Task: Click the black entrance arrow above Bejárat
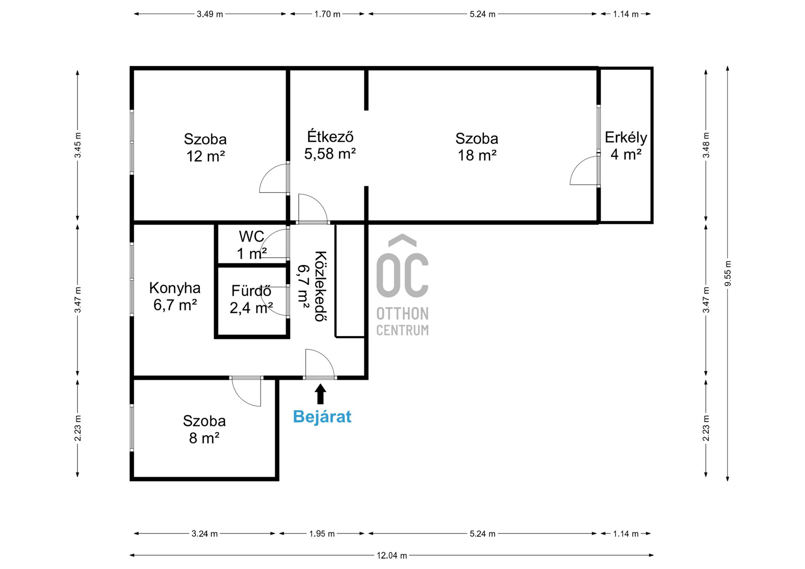pyautogui.click(x=320, y=394)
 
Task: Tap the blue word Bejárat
pyautogui.click(x=322, y=416)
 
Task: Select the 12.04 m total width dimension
pyautogui.click(x=392, y=556)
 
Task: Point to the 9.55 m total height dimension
pyautogui.click(x=728, y=274)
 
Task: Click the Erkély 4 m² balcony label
pyautogui.click(x=626, y=146)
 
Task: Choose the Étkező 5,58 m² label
pyautogui.click(x=330, y=145)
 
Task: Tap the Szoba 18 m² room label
pyautogui.click(x=477, y=147)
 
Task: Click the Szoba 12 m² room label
pyautogui.click(x=205, y=147)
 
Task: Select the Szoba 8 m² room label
pyautogui.click(x=204, y=429)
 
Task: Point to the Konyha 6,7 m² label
pyautogui.click(x=175, y=296)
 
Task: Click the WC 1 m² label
pyautogui.click(x=251, y=245)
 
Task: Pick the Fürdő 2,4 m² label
pyautogui.click(x=251, y=299)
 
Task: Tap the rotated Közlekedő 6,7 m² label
pyautogui.click(x=312, y=286)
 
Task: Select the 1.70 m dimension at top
pyautogui.click(x=327, y=14)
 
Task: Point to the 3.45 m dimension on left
pyautogui.click(x=78, y=145)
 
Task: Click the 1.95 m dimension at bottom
pyautogui.click(x=322, y=534)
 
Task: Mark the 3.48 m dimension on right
pyautogui.click(x=706, y=145)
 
